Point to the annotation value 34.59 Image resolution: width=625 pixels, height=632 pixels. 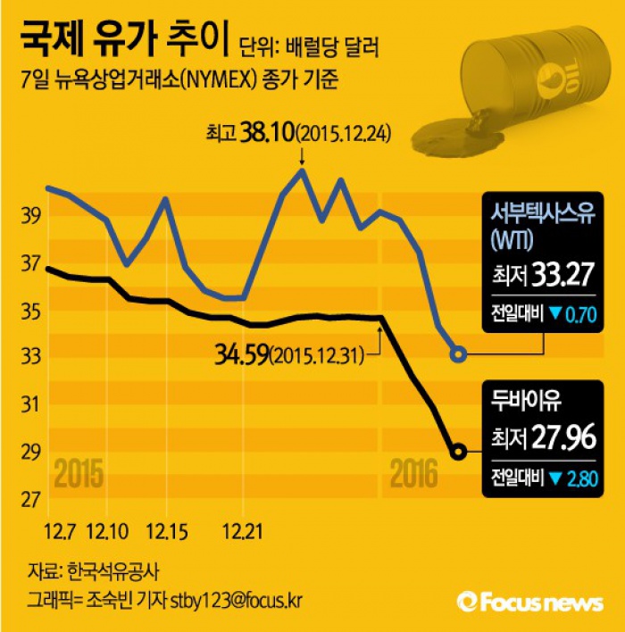pos(238,356)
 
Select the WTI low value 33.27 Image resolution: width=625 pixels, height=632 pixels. pos(563,275)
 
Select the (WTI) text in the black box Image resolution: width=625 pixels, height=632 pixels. pos(512,239)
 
